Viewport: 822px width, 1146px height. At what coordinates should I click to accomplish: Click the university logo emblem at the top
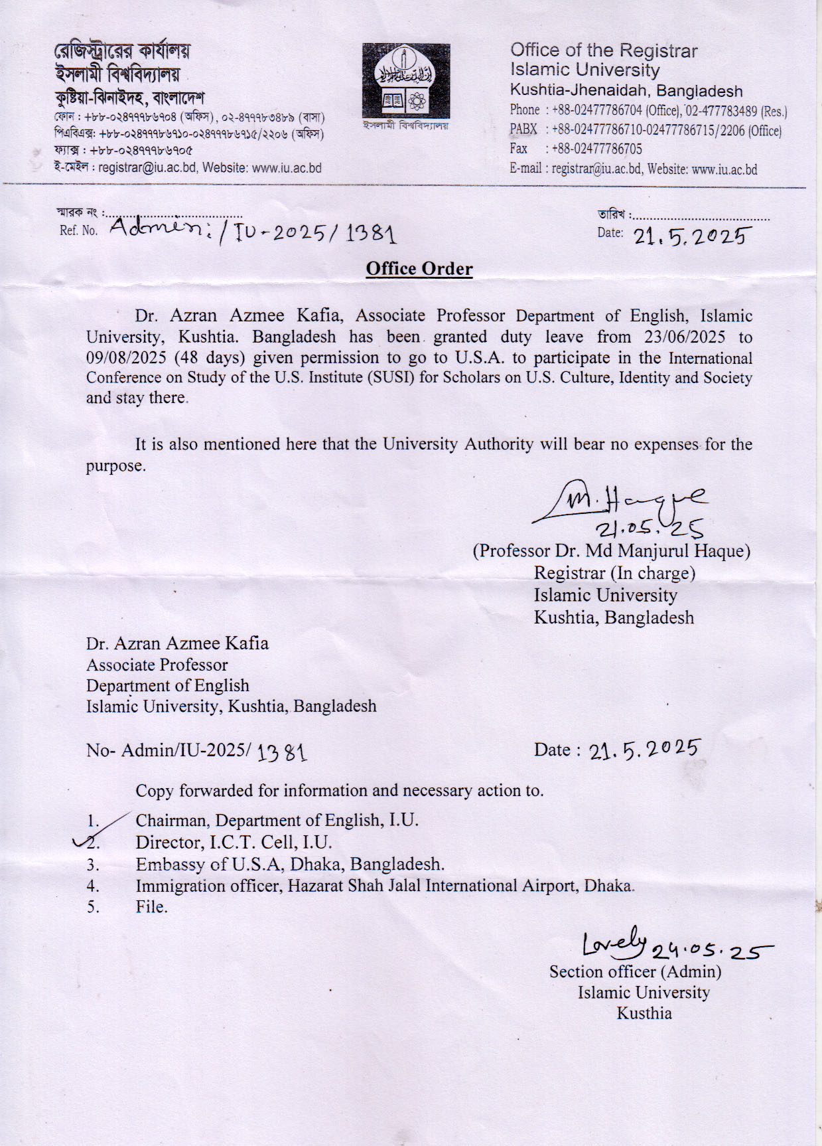click(x=405, y=82)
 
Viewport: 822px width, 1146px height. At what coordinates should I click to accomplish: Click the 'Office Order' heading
click(x=419, y=269)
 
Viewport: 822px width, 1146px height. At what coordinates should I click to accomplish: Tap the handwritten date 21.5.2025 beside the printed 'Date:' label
click(x=693, y=236)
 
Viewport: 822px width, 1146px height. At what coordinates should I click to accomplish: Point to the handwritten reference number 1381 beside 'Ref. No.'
click(x=371, y=234)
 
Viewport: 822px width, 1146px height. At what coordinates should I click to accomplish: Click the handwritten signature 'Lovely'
click(x=614, y=943)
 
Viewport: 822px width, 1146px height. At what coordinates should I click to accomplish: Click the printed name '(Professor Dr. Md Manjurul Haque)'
click(x=611, y=551)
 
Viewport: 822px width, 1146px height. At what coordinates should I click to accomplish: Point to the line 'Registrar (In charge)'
click(x=614, y=573)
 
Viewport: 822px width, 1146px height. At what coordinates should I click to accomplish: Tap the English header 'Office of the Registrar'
click(x=604, y=50)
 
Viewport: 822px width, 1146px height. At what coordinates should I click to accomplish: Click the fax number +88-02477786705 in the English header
click(x=596, y=149)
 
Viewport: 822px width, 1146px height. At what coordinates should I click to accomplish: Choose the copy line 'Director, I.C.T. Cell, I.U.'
click(x=234, y=843)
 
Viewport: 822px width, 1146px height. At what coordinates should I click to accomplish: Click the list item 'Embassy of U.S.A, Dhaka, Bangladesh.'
click(x=290, y=864)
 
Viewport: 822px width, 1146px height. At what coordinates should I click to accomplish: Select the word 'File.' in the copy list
click(x=151, y=907)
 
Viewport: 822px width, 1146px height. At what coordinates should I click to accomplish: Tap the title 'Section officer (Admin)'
click(x=635, y=972)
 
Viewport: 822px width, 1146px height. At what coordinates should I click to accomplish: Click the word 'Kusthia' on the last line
click(x=644, y=1013)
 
